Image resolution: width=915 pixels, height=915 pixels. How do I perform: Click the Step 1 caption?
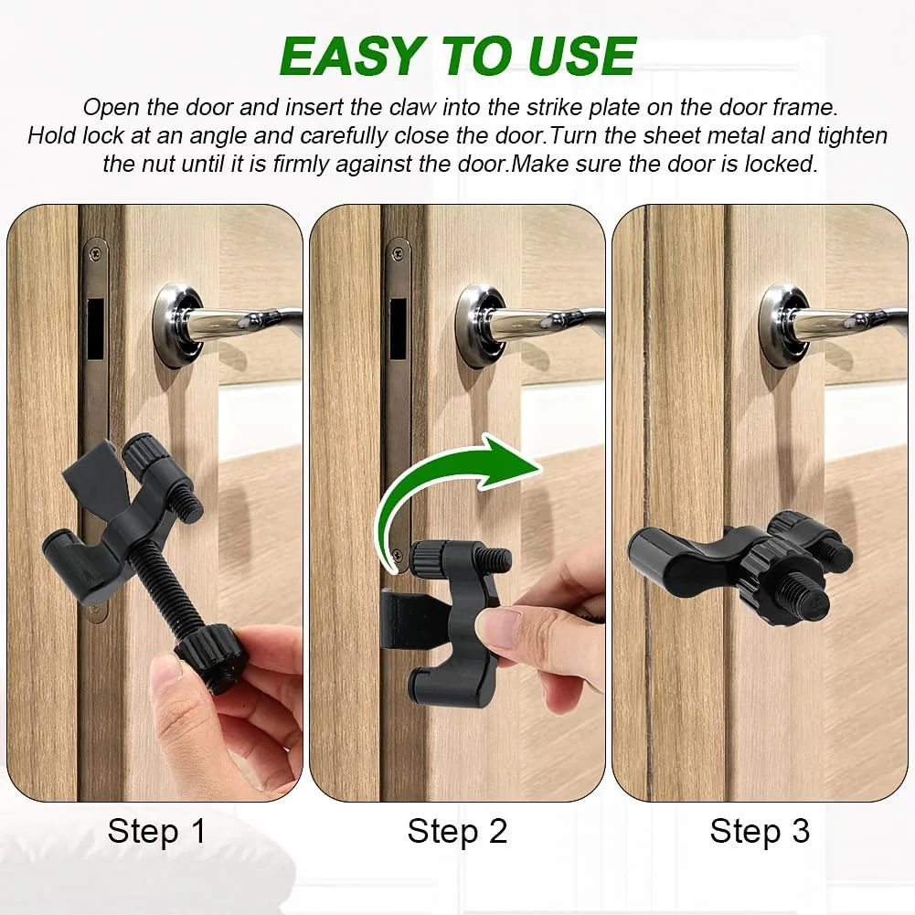click(157, 831)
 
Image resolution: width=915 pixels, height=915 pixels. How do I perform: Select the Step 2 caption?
click(457, 831)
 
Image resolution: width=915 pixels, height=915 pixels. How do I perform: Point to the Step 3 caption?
click(760, 831)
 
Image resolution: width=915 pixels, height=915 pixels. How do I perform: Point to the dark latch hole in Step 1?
click(95, 329)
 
